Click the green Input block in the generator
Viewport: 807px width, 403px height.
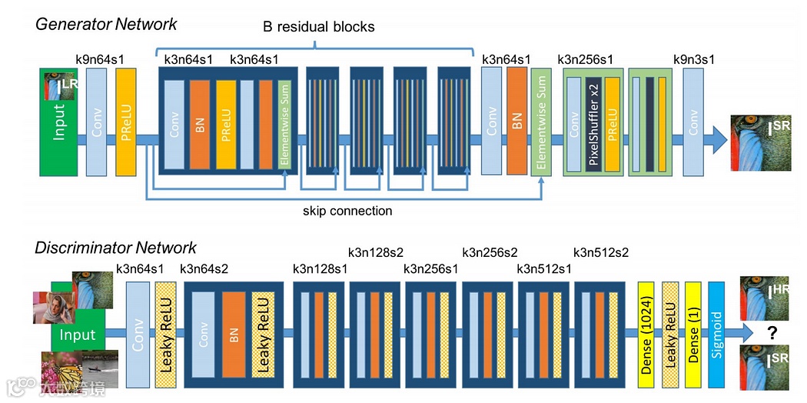point(58,122)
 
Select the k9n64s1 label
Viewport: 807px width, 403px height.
point(100,59)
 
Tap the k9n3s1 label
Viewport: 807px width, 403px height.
point(694,59)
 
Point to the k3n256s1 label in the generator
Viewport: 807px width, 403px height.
point(585,59)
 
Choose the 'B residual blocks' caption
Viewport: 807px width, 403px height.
point(319,27)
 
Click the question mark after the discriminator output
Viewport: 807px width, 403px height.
point(772,334)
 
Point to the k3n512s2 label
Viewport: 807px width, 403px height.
point(600,252)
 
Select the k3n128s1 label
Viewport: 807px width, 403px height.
point(320,268)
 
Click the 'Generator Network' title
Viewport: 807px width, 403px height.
point(106,24)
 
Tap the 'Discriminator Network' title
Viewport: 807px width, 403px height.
point(115,248)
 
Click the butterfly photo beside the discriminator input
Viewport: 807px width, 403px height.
point(61,369)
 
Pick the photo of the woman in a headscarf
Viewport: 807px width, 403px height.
point(54,308)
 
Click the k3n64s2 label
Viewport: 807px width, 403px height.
point(204,268)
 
